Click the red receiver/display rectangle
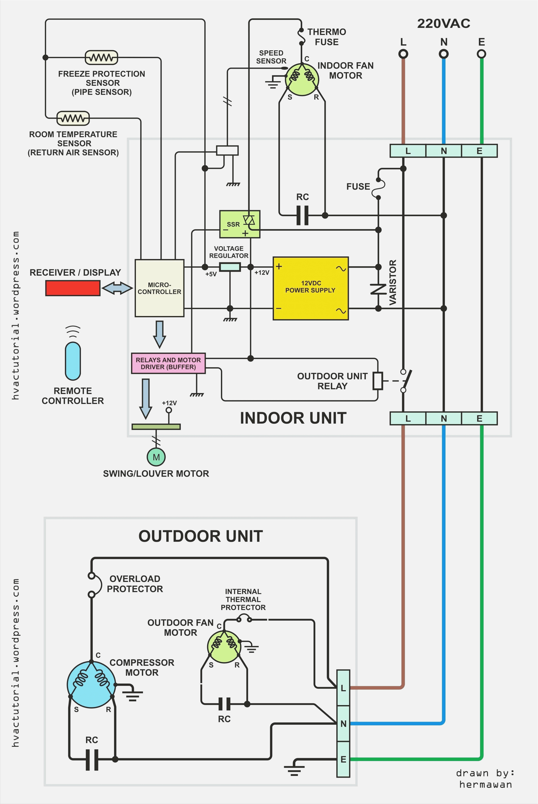(73, 288)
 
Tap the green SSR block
(240, 224)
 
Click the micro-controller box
(159, 288)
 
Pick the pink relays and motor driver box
(168, 363)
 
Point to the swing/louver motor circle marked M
(156, 457)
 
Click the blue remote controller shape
(73, 361)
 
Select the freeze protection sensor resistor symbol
(101, 58)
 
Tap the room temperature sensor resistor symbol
(73, 118)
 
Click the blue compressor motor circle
(91, 684)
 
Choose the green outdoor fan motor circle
(224, 646)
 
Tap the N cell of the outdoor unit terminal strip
(343, 723)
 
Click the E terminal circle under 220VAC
(481, 54)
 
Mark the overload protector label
(135, 584)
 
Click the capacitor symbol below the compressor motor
(92, 760)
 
